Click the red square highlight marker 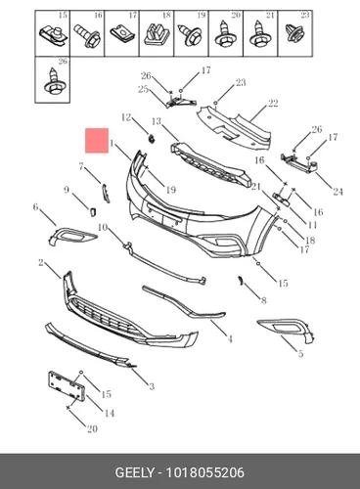[x=97, y=140]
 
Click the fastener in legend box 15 [x=54, y=35]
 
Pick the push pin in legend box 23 [x=294, y=32]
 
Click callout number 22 [x=273, y=104]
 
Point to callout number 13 [x=157, y=121]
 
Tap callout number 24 [x=337, y=192]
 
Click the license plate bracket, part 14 [x=67, y=385]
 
